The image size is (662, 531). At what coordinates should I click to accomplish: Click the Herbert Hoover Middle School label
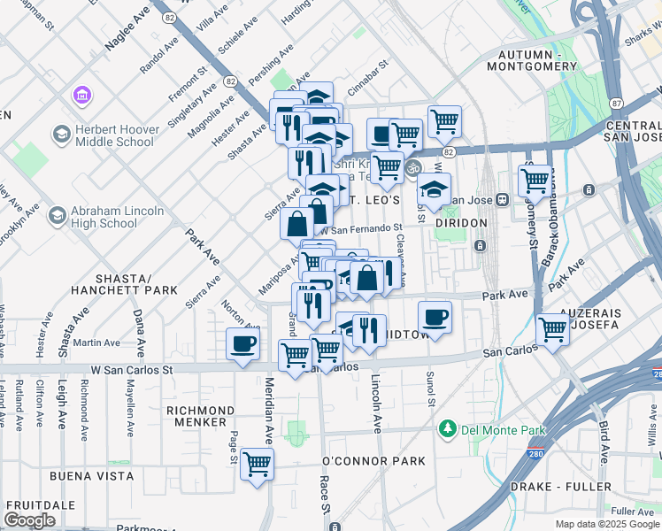pos(114,135)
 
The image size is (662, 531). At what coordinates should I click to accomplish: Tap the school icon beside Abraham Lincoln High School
pos(57,216)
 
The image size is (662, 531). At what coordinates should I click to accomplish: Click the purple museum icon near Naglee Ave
pos(81,94)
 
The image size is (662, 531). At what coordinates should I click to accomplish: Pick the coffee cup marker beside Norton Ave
pos(243,344)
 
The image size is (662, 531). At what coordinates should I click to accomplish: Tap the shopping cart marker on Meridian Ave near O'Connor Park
pos(257,463)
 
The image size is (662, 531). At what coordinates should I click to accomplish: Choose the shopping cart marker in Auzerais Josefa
pos(552,329)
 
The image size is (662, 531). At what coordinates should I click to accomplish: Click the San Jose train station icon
pos(503,199)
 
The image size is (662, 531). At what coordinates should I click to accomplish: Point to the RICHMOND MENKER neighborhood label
pos(200,416)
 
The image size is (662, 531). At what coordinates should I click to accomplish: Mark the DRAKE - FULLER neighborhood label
pos(560,487)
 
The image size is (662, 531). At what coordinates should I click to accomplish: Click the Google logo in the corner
pos(30,519)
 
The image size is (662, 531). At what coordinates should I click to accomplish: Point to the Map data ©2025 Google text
pos(605,524)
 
